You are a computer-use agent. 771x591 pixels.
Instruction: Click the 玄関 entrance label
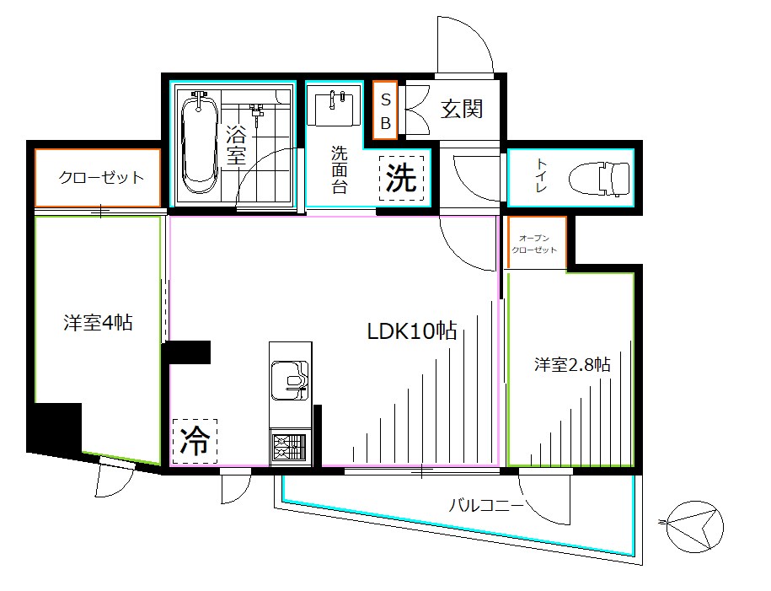click(x=461, y=109)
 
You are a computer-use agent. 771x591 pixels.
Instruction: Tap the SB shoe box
click(x=385, y=110)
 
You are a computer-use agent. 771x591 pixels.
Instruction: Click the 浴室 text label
click(x=236, y=144)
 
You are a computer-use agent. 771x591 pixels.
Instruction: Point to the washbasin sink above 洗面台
click(x=337, y=108)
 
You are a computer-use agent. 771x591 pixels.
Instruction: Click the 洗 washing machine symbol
click(x=402, y=179)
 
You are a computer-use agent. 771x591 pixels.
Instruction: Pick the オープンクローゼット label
click(x=535, y=244)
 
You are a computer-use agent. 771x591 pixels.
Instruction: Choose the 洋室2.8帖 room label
click(x=572, y=365)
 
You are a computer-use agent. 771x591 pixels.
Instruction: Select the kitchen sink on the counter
click(x=290, y=382)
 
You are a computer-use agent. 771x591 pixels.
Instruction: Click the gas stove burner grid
click(x=290, y=447)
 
